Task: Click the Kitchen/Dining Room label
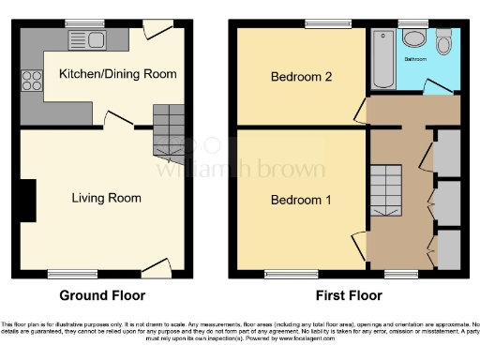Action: point(117,74)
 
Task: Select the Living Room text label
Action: point(107,198)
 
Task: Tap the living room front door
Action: point(156,268)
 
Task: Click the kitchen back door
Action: point(157,29)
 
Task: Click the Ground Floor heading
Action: point(103,295)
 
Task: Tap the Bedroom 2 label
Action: point(302,77)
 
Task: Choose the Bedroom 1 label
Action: point(302,200)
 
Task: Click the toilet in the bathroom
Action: point(443,41)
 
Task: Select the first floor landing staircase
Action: point(385,187)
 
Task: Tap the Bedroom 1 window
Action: point(284,274)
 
